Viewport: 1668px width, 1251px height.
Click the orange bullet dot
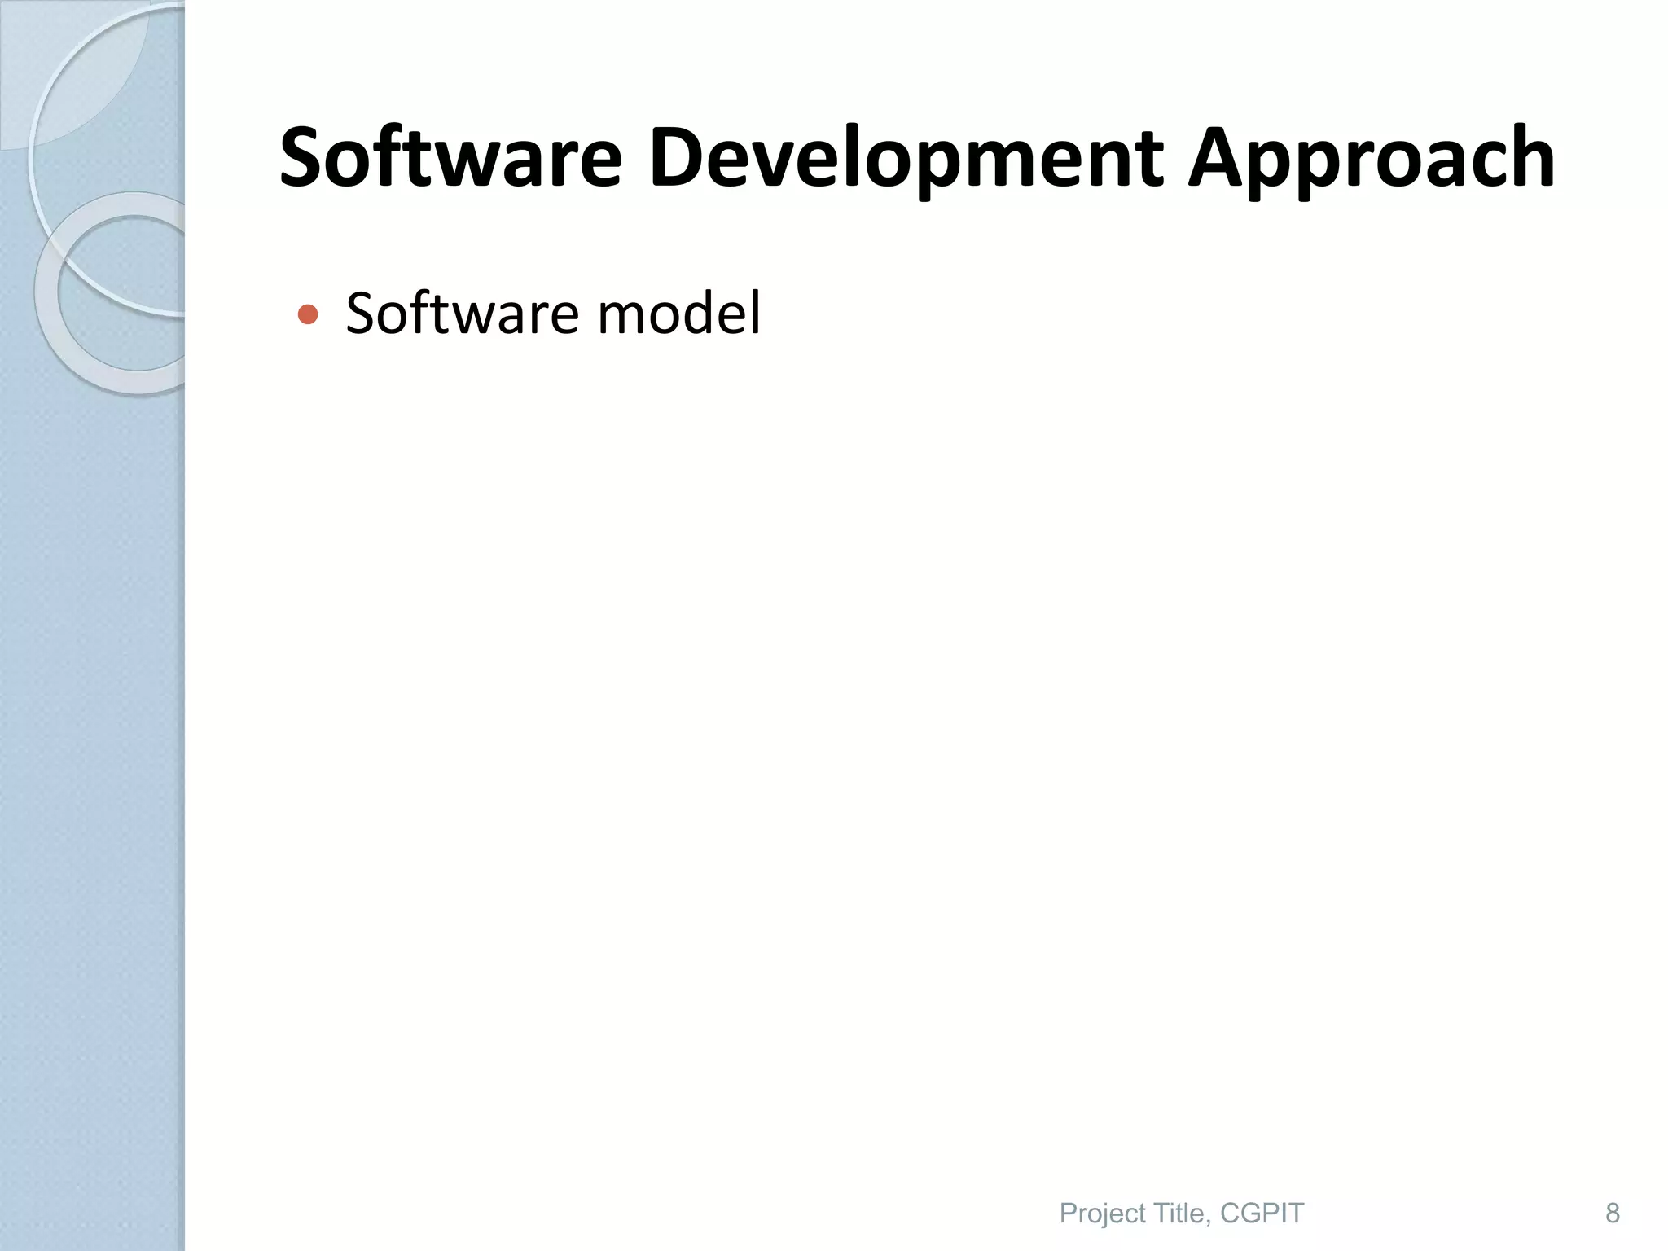coord(308,314)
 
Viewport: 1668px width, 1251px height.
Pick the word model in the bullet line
coord(679,314)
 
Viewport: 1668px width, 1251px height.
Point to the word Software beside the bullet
coord(463,314)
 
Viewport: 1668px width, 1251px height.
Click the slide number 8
coord(1612,1213)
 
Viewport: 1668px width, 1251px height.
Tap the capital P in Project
coord(1068,1213)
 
